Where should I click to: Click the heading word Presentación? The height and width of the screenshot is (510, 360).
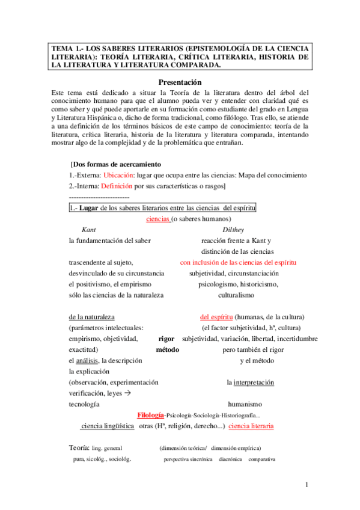click(180, 82)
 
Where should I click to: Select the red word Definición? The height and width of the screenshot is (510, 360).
click(117, 186)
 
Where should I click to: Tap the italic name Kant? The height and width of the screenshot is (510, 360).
click(88, 230)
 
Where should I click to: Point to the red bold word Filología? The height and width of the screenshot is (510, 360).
click(150, 415)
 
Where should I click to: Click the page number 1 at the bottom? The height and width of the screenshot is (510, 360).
click(306, 485)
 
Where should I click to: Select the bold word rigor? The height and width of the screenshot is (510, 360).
click(166, 339)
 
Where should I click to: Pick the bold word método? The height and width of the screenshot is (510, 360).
click(168, 349)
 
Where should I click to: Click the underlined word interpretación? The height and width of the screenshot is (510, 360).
click(254, 382)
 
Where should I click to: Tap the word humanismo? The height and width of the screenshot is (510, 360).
click(245, 404)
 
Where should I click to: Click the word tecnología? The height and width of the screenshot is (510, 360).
click(85, 404)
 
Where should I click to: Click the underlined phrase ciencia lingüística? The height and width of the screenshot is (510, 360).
click(107, 426)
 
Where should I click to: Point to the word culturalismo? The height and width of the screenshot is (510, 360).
click(236, 295)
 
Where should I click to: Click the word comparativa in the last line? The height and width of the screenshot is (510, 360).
click(261, 459)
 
